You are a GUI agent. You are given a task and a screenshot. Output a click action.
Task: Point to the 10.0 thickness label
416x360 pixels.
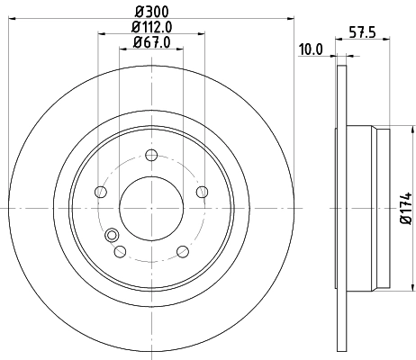(311, 49)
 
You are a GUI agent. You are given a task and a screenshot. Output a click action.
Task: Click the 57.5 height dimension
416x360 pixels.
(362, 36)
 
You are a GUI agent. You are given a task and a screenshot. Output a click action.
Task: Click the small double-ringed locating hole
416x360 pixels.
(113, 236)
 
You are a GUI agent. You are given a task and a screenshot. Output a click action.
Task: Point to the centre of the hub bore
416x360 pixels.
(150, 206)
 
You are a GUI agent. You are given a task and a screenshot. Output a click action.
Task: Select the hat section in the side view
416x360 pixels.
(365, 206)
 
